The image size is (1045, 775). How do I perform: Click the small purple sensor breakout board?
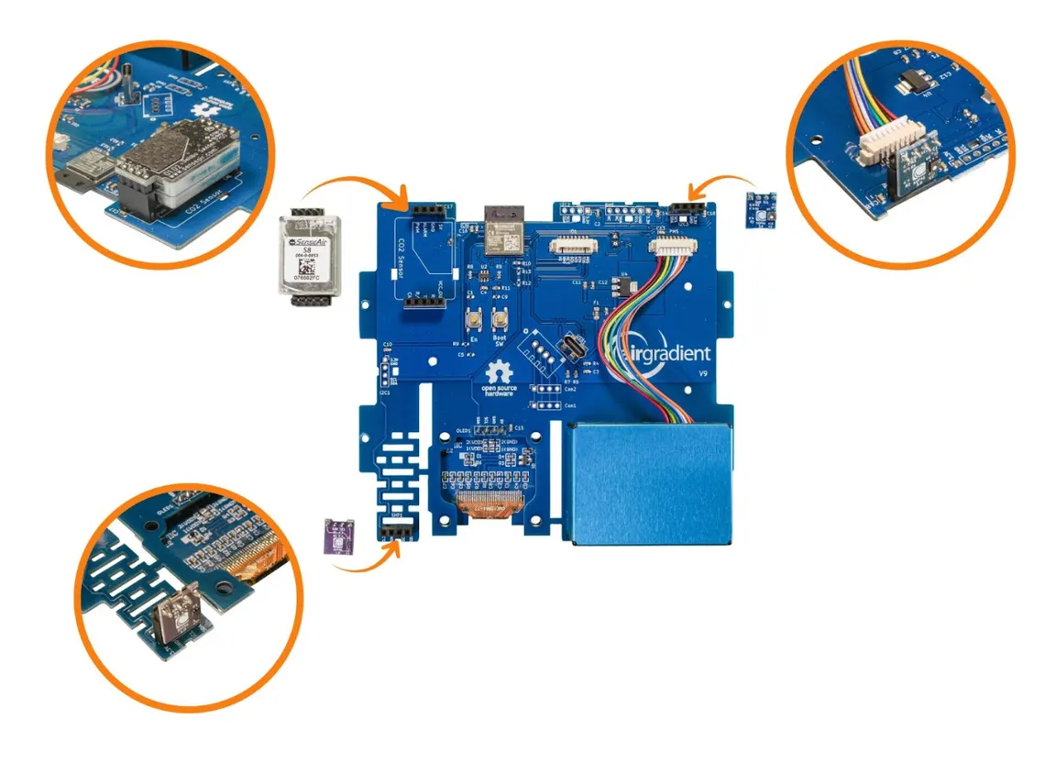pos(340,537)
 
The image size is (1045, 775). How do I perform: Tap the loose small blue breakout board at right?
pos(763,210)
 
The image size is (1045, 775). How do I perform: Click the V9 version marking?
pos(703,374)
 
